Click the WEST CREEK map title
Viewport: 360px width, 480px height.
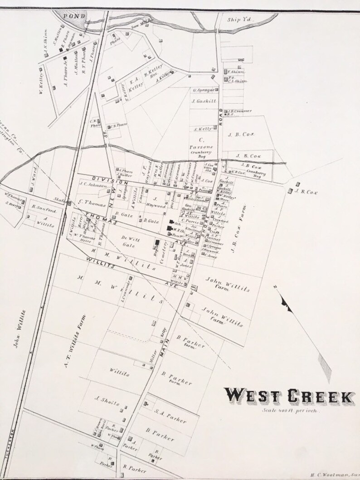(x=290, y=396)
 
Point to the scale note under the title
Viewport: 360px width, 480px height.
(x=291, y=411)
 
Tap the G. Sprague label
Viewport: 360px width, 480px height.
(x=203, y=90)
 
